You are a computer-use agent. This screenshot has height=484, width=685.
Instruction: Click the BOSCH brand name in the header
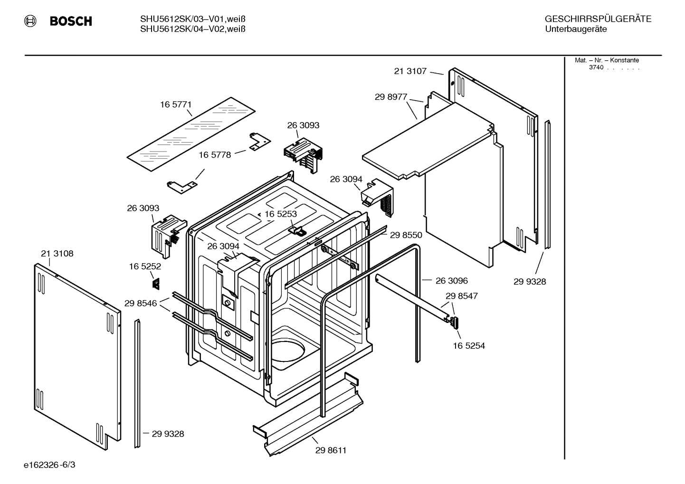pos(71,21)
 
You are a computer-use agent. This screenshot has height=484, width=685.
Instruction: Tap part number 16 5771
pos(175,104)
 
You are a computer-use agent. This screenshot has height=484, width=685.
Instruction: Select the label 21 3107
pos(410,71)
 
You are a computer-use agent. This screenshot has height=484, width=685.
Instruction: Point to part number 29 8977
pos(390,97)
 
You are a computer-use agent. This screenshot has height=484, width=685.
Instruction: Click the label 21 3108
pos(57,254)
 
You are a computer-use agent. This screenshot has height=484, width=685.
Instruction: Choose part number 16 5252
pos(145,267)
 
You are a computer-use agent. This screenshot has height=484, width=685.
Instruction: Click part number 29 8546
pos(141,303)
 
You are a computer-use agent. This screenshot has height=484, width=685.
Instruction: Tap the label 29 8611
pos(331,450)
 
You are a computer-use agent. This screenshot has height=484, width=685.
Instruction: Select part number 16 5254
pos(469,346)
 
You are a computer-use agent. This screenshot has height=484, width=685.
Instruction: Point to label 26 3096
pos(451,281)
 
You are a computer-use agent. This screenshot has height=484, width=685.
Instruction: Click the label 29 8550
pos(406,235)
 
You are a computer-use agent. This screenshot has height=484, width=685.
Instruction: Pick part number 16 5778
pos(215,155)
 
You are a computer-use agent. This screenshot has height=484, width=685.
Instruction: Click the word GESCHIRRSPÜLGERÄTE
pos(598,19)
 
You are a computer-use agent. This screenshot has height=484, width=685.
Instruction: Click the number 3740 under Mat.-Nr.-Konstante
pos(596,67)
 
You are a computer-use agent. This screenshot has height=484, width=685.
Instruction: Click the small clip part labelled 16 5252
pos(155,283)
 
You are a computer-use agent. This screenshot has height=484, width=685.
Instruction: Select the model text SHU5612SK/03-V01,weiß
pos(192,19)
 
